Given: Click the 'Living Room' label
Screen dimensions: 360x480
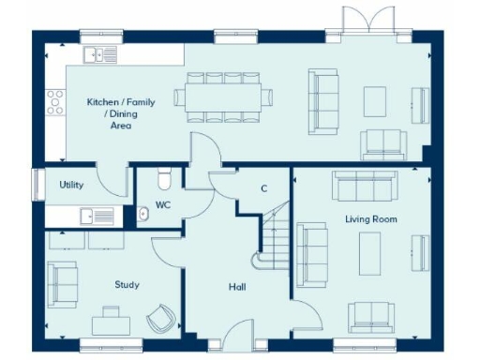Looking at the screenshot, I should click(371, 219).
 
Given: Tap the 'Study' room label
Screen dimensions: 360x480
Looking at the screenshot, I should click(127, 284).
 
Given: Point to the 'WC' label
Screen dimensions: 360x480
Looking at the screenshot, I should click(163, 204).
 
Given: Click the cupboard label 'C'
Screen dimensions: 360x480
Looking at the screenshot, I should click(263, 188).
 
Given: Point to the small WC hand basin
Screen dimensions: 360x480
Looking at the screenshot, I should click(143, 215).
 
